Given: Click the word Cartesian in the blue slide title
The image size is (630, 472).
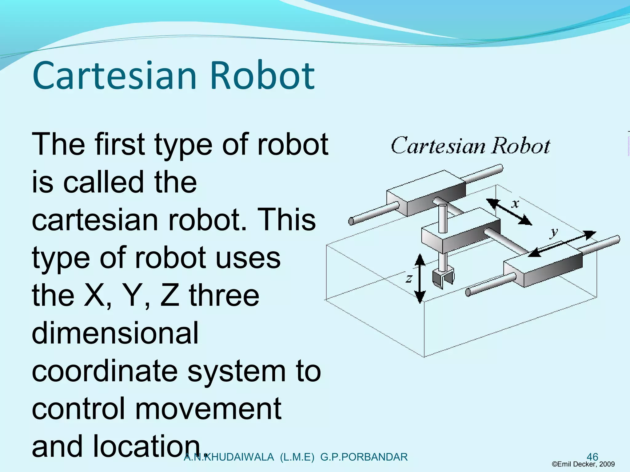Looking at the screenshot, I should click(x=114, y=76).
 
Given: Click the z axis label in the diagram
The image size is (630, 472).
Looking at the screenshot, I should click(x=409, y=278).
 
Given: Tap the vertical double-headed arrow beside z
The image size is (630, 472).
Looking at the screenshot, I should click(x=420, y=278).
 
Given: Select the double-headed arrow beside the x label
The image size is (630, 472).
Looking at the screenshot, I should click(x=509, y=212).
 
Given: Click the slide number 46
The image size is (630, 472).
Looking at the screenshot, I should click(x=592, y=457).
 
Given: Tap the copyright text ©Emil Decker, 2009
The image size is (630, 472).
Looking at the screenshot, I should click(x=583, y=464).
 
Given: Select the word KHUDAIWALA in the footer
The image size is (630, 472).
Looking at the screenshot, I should click(x=239, y=457).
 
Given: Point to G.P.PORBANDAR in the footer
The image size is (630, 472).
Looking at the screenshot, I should click(x=364, y=457).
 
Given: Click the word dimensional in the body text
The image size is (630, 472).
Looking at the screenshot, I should click(x=115, y=333).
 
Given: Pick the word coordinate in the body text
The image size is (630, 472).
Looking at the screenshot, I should click(x=105, y=371).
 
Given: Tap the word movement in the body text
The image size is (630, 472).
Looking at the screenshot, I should click(x=208, y=409).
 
